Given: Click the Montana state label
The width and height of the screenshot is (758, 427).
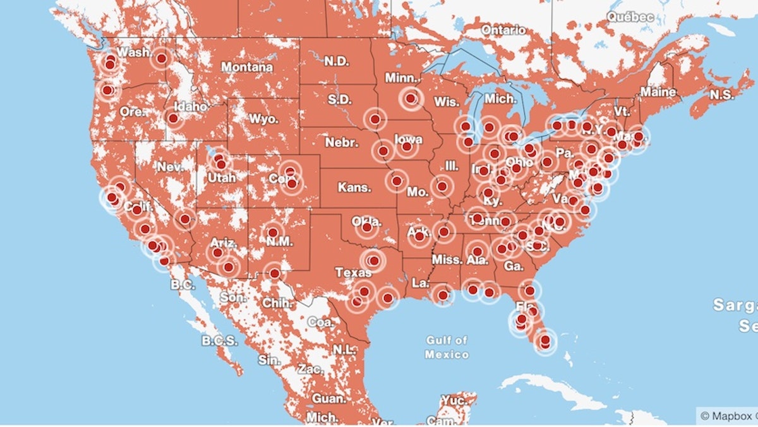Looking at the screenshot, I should tap(246, 67).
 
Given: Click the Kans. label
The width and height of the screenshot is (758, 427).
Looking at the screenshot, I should tap(355, 188).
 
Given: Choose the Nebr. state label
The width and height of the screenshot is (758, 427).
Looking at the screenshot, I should tap(342, 142).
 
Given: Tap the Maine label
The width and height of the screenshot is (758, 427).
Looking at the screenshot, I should tap(658, 92).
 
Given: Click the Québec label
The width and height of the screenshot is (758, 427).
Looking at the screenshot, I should tap(630, 18).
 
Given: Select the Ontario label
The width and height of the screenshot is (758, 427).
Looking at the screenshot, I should tap(503, 30).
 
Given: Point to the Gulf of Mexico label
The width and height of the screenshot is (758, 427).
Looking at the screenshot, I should tap(447, 347).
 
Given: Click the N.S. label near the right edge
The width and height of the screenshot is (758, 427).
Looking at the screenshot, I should tap(722, 95).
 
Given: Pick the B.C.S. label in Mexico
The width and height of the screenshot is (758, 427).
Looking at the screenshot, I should tap(220, 341).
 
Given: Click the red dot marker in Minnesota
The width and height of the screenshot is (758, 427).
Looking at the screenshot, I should tap(411, 99).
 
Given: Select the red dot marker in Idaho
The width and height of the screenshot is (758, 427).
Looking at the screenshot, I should tap(173, 118).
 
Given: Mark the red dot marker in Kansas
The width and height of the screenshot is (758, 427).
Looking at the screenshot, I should tap(397, 181).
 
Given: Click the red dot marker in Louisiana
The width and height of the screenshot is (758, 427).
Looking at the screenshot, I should tap(443, 295).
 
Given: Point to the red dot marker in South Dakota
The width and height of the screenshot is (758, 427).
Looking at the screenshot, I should tap(375, 118).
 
